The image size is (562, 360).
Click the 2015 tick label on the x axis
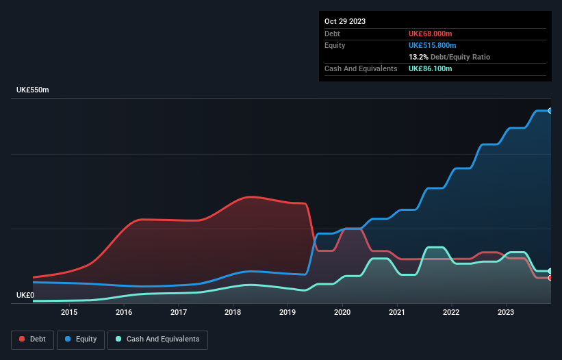(x=69, y=313)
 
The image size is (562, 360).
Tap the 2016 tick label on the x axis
(x=124, y=313)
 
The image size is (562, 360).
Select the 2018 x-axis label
(x=233, y=313)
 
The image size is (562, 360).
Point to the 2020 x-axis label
(x=342, y=313)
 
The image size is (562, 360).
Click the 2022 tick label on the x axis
(x=451, y=313)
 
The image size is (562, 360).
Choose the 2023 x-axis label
(x=506, y=313)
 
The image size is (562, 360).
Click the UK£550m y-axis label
(x=33, y=90)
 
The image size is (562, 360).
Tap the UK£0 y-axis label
(x=25, y=295)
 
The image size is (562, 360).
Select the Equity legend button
(x=81, y=339)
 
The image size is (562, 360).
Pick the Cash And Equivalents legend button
(x=157, y=339)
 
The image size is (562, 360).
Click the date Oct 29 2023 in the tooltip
(x=345, y=21)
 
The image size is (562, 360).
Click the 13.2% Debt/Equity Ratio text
(x=449, y=57)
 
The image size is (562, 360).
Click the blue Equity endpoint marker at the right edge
(x=550, y=110)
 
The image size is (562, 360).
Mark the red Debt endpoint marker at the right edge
(x=550, y=278)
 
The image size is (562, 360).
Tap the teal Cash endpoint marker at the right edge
(x=550, y=271)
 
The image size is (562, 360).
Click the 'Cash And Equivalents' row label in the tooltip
(x=361, y=69)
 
